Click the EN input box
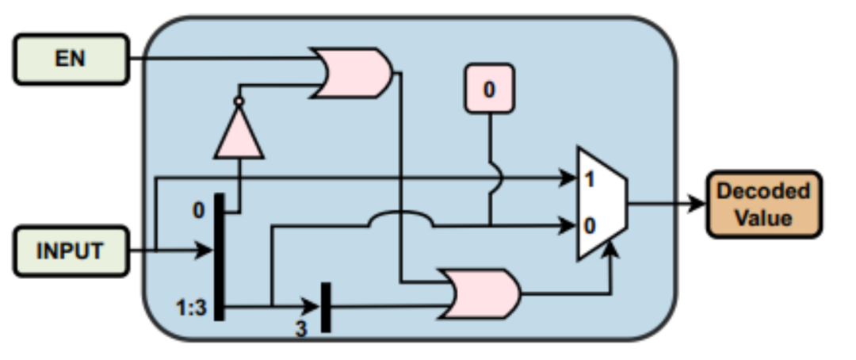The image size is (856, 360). click(71, 59)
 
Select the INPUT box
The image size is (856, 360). click(71, 251)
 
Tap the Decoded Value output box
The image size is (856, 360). click(764, 205)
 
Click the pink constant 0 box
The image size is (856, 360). click(489, 89)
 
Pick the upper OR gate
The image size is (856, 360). click(352, 73)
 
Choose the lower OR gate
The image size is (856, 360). click(480, 293)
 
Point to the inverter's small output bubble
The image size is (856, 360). click(239, 101)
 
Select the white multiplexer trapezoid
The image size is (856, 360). click(602, 203)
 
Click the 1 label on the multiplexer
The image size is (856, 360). click(589, 179)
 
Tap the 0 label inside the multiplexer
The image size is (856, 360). click(589, 226)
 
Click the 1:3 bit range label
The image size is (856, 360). click(192, 308)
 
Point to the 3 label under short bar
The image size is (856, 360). click(301, 329)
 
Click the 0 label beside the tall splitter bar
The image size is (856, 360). click(199, 210)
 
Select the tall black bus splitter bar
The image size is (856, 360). click(219, 257)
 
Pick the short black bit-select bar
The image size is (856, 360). click(326, 307)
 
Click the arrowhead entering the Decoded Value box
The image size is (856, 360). click(697, 204)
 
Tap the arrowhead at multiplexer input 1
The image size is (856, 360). click(567, 178)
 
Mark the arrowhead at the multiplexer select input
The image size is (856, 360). click(611, 249)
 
